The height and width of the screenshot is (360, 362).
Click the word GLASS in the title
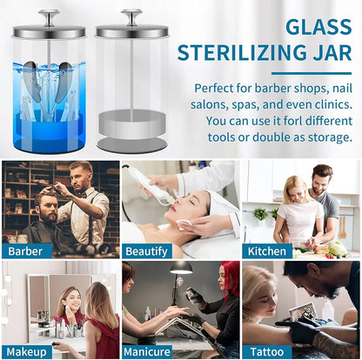tap(318, 27)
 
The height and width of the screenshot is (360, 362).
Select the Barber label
tap(25, 251)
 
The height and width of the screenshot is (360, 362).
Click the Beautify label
tap(146, 251)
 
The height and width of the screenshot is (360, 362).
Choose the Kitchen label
tap(267, 251)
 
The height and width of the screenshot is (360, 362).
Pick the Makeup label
tap(26, 352)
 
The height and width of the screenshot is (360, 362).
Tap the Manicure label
tap(147, 352)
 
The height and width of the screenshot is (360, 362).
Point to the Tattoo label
tap(267, 352)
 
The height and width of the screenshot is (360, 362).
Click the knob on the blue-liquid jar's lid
tap(49, 17)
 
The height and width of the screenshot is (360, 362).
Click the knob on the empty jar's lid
tap(131, 17)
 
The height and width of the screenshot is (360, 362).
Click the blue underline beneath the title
tap(312, 74)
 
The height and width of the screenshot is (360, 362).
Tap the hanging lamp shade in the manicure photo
tap(181, 268)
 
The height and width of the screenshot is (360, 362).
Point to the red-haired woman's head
tap(228, 277)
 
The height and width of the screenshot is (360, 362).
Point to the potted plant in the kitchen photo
tap(260, 214)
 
